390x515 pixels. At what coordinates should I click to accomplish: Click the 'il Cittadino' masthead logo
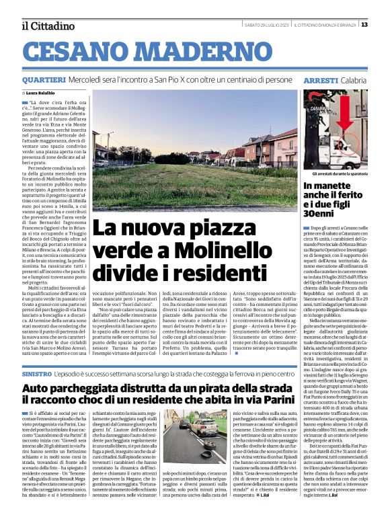coord(47,26)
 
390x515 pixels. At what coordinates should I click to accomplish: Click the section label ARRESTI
coord(321,80)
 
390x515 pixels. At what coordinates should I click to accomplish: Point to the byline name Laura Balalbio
coord(42,93)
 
